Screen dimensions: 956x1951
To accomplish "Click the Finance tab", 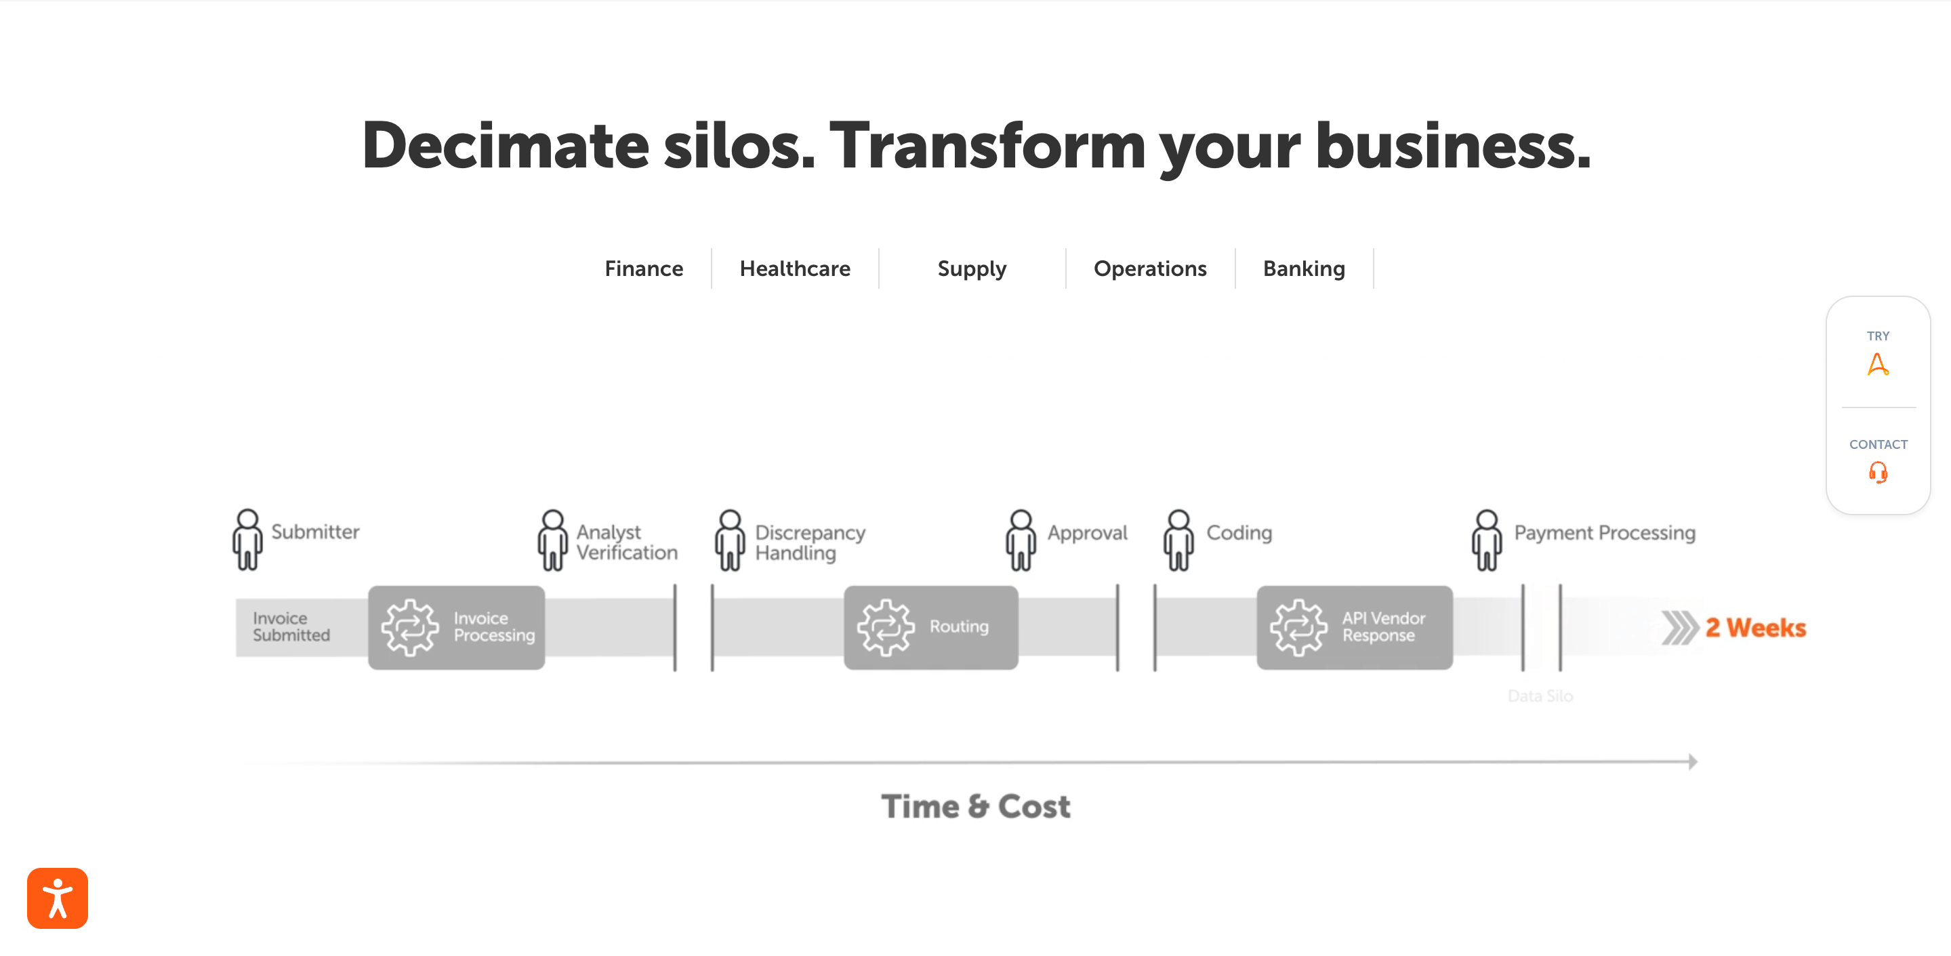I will pos(644,268).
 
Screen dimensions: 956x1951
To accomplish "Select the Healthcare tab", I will pos(794,268).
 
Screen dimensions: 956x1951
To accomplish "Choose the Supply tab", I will pos(972,268).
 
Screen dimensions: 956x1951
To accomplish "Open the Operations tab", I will pos(1150,268).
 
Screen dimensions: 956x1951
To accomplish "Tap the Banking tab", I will pos(1303,268).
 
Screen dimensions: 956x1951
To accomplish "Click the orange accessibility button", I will pos(58,898).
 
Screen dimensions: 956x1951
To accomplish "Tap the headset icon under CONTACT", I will pos(1878,473).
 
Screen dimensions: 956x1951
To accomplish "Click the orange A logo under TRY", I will pos(1878,364).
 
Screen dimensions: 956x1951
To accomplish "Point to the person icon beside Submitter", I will pos(247,538).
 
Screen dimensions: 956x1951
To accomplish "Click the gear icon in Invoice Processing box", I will pos(410,627).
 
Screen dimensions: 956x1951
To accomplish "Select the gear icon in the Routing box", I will pos(886,627).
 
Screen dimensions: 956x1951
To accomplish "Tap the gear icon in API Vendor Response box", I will pos(1298,627).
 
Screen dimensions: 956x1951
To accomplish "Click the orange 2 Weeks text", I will pos(1755,627).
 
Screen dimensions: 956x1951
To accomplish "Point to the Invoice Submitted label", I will pos(291,626).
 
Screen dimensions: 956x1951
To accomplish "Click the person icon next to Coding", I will pos(1178,539).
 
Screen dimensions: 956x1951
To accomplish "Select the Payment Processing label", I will pos(1604,532).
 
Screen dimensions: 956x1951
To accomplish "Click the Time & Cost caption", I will pos(976,806).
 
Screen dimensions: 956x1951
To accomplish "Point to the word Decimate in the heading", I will pos(505,146).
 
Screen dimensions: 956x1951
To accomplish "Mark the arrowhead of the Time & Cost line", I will pos(1692,761).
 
